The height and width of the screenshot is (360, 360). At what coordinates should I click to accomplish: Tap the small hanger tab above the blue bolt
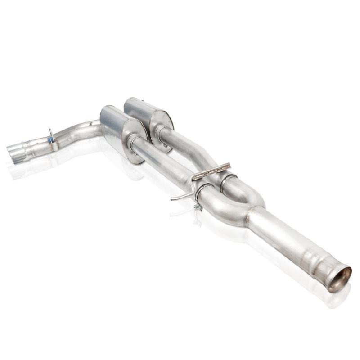(51, 133)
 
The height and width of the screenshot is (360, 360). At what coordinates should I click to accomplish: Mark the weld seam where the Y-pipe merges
(249, 216)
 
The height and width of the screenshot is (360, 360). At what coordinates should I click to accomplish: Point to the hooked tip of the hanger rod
(173, 198)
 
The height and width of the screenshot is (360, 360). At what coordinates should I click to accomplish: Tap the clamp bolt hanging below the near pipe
(198, 207)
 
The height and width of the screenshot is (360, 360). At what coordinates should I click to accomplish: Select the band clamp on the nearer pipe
(201, 192)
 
